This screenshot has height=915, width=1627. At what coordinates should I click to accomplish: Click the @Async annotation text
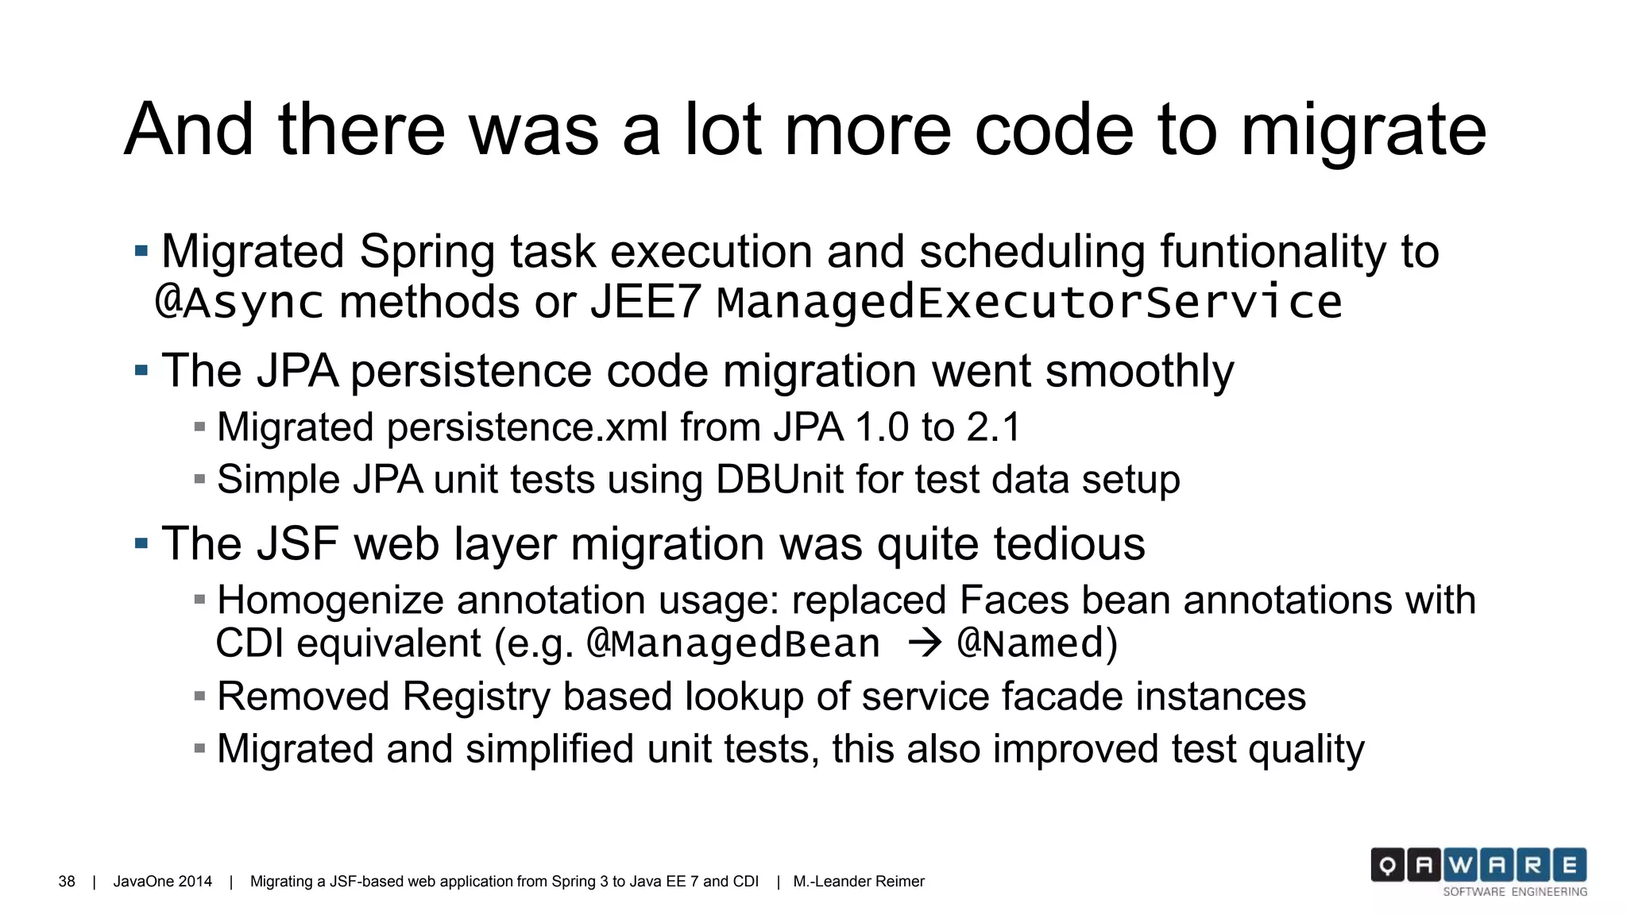click(239, 303)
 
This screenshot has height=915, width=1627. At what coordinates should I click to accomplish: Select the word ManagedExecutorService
click(1029, 303)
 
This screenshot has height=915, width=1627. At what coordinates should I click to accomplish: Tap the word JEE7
click(646, 303)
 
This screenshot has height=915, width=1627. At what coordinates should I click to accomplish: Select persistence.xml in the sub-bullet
click(527, 427)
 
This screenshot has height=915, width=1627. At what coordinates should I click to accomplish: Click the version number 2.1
click(993, 427)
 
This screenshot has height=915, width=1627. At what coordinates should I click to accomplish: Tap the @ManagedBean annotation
click(732, 643)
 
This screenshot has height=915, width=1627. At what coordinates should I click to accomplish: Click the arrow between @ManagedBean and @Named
click(924, 643)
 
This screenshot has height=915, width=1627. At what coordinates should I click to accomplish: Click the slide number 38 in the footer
click(67, 882)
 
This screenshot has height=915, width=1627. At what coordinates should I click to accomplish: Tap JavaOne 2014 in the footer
click(162, 882)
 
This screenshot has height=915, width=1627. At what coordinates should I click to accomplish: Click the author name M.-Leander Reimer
click(858, 882)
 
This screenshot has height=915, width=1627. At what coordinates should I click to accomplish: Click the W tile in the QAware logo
click(1460, 865)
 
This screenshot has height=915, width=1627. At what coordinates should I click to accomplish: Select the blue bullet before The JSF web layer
click(141, 544)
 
